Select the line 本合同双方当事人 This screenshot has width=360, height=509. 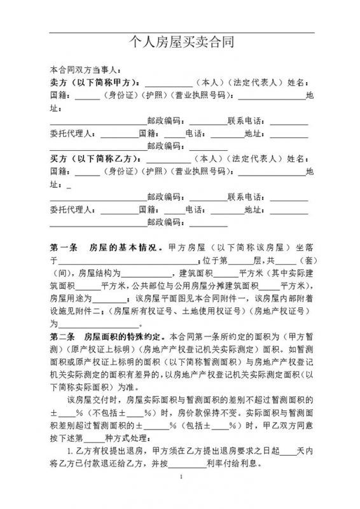click(x=83, y=71)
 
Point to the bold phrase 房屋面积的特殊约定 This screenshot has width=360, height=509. click(x=126, y=335)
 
